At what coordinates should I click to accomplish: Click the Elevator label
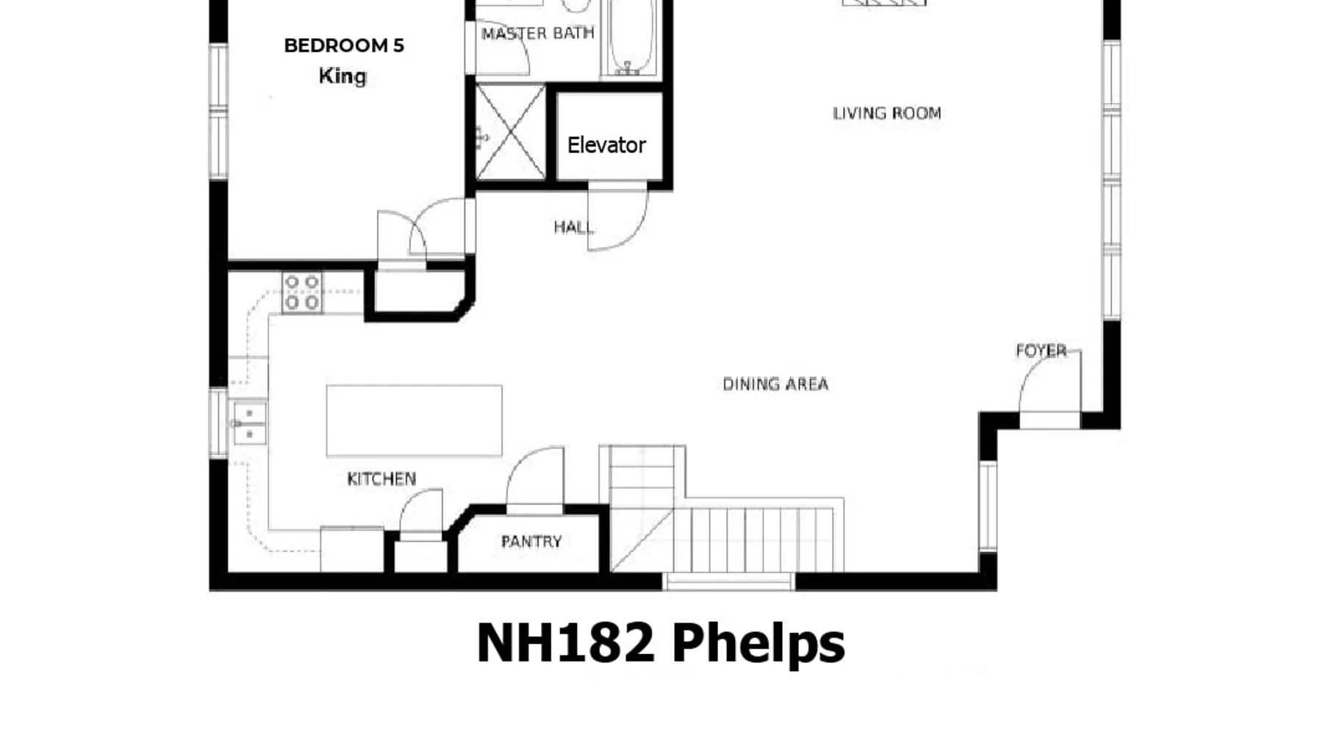click(606, 145)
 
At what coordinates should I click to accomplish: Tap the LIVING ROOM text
click(886, 113)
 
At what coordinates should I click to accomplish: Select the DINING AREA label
click(775, 384)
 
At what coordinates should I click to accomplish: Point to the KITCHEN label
click(381, 479)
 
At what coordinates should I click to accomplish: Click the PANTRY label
click(531, 542)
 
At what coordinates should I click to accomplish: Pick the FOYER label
click(1041, 351)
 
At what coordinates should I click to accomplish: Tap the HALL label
click(573, 227)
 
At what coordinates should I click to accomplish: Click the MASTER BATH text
click(537, 33)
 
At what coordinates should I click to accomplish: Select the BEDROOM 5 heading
click(344, 46)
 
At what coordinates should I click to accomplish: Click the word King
click(343, 76)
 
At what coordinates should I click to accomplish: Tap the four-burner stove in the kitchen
click(302, 293)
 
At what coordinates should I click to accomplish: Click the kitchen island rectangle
click(415, 420)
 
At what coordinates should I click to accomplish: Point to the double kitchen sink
click(249, 423)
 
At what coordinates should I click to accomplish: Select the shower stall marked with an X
click(511, 132)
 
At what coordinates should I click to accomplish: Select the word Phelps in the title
click(759, 645)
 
